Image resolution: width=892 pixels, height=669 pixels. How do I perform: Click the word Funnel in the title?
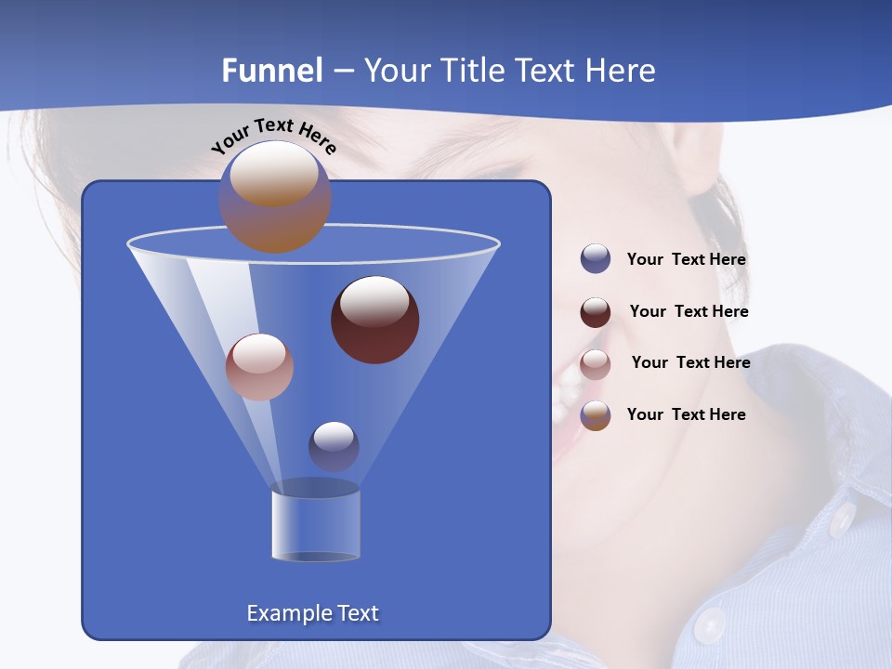click(272, 70)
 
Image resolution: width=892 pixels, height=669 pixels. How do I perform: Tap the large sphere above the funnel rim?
click(275, 196)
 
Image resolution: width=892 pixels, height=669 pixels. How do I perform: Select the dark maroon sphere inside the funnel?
click(375, 320)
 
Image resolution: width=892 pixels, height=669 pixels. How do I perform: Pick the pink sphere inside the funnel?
click(259, 367)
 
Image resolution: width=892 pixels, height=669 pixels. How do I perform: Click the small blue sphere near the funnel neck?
click(334, 446)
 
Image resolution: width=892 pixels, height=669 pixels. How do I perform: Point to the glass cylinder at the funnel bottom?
click(316, 525)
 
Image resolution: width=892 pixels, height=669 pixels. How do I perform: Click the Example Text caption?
click(312, 613)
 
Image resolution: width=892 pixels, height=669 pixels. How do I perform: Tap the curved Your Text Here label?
click(273, 136)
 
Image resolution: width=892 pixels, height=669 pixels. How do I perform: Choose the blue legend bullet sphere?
click(596, 259)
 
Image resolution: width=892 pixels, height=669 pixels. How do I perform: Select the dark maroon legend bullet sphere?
click(596, 312)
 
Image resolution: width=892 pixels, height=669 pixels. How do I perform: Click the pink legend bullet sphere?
click(596, 364)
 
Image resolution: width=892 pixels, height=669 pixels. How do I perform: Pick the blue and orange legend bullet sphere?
click(596, 415)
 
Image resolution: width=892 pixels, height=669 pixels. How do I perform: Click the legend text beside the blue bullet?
click(686, 260)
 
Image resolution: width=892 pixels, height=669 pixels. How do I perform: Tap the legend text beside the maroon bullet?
click(689, 312)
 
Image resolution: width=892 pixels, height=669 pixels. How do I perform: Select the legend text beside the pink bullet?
click(690, 363)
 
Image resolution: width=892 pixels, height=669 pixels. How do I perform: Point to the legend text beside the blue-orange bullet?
click(686, 414)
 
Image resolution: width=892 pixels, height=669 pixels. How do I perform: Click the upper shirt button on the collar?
click(843, 520)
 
